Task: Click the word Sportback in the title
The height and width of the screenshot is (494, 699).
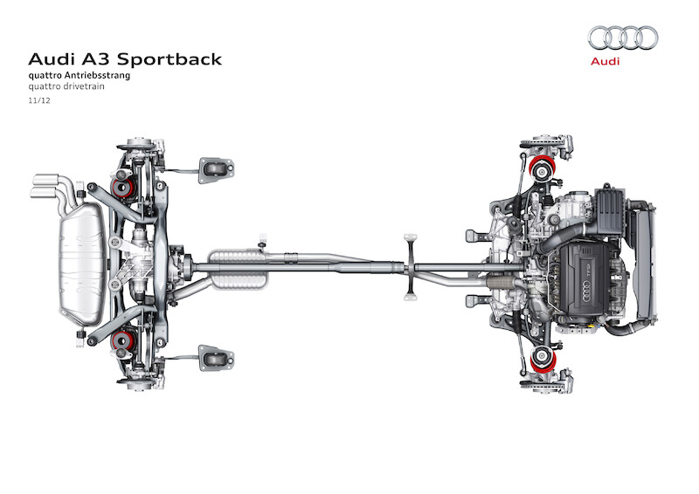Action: click(x=169, y=59)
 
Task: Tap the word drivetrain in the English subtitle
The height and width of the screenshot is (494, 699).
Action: click(x=89, y=88)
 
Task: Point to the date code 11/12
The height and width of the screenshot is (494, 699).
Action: click(x=38, y=101)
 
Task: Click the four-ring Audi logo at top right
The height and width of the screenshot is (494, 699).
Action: click(x=623, y=37)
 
